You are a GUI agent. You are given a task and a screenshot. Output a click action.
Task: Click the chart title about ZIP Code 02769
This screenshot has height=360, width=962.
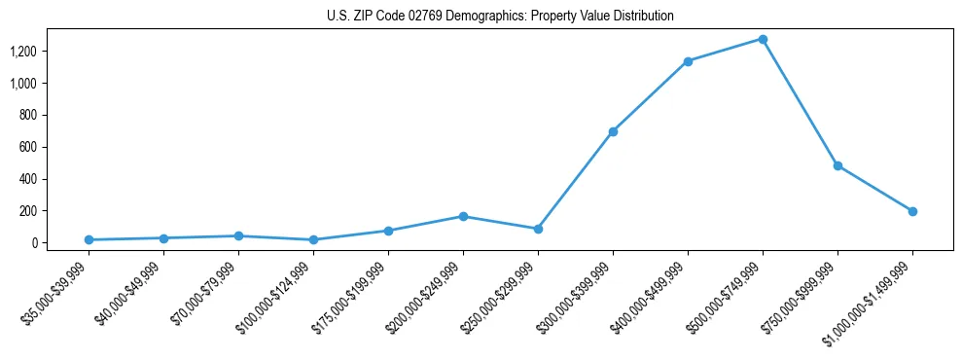click(500, 17)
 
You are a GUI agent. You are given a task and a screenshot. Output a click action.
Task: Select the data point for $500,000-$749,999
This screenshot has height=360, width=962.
click(763, 40)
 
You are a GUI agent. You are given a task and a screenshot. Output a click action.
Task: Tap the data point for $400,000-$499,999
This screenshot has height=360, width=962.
click(688, 61)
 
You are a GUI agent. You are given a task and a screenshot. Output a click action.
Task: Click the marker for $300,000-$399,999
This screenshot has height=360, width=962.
click(613, 131)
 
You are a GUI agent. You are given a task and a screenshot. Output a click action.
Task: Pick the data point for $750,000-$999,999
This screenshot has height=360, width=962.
click(837, 165)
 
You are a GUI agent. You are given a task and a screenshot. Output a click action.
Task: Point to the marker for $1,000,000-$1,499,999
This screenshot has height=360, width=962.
click(912, 211)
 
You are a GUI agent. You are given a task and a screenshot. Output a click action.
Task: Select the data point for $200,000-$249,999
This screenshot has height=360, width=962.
click(463, 216)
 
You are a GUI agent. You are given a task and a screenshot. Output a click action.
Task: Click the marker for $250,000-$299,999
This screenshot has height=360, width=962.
click(538, 229)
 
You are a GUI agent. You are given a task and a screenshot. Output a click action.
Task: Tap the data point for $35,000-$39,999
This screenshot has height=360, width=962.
click(89, 239)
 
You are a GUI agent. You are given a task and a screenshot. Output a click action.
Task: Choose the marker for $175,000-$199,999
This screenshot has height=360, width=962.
click(388, 231)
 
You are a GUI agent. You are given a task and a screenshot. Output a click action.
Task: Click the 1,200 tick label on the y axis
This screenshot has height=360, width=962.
click(23, 52)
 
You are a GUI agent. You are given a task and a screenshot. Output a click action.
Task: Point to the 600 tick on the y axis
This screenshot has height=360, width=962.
click(28, 147)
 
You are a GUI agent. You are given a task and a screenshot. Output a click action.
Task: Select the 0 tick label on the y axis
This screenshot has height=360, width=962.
click(34, 242)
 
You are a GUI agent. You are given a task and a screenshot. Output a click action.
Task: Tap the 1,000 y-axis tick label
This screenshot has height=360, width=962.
click(23, 84)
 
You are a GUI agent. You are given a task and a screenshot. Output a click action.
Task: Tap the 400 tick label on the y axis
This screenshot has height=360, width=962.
click(28, 179)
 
